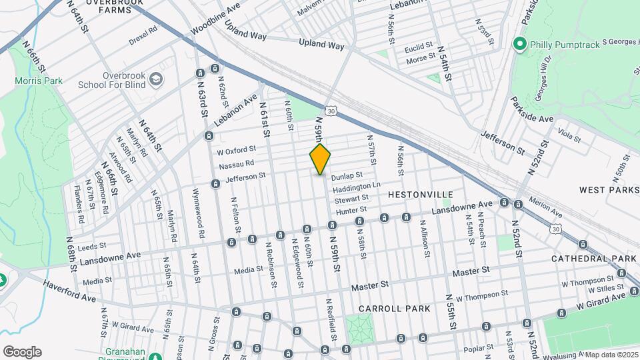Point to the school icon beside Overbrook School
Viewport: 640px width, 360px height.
pyautogui.click(x=156, y=79)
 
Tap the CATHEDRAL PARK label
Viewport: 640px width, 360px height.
pyautogui.click(x=595, y=258)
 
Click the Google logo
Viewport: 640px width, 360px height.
pyautogui.click(x=22, y=351)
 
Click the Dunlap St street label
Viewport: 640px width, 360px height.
pyautogui.click(x=347, y=176)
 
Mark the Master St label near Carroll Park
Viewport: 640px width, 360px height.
pyautogui.click(x=370, y=285)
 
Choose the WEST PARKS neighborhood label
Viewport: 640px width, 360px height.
pyautogui.click(x=609, y=190)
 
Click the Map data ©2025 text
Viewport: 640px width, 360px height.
pyautogui.click(x=612, y=355)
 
